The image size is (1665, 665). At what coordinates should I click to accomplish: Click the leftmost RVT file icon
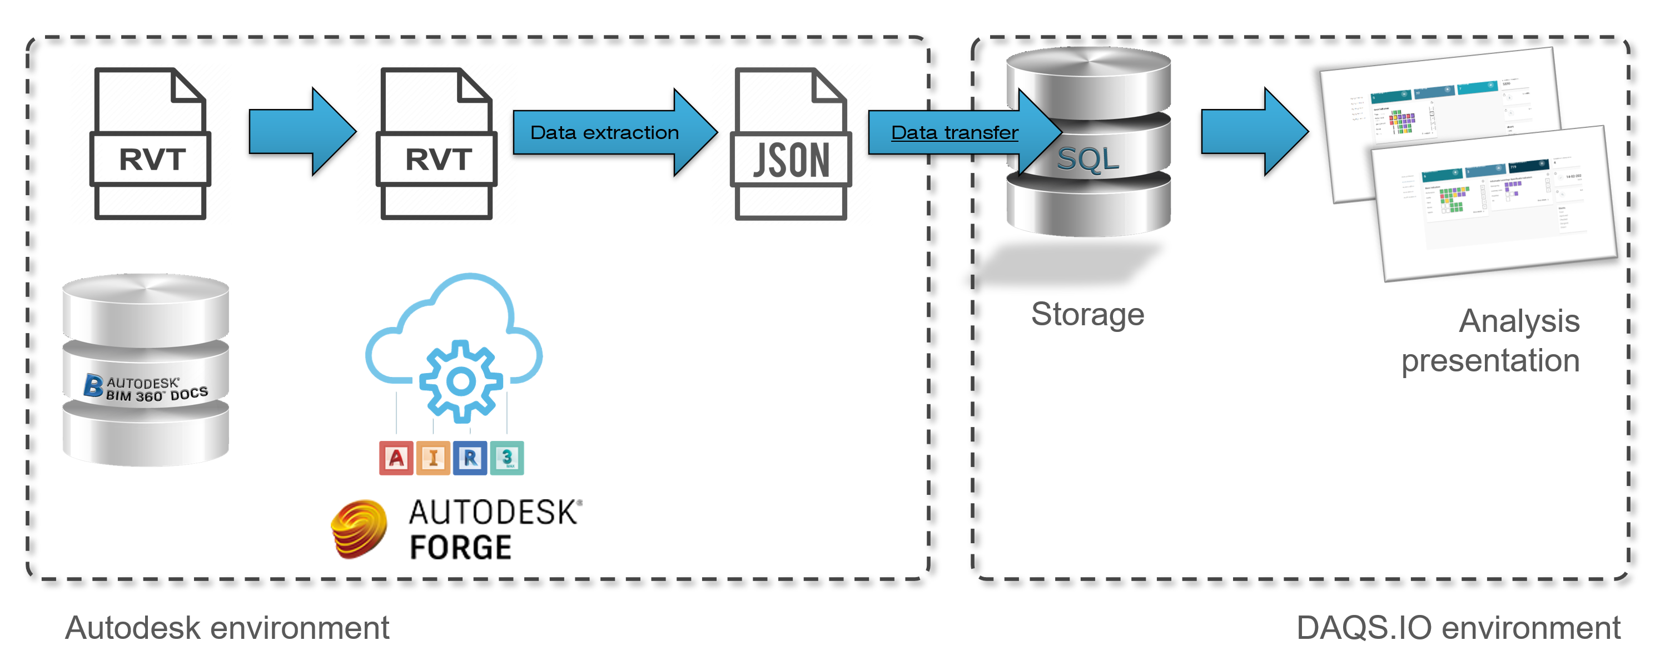(x=150, y=143)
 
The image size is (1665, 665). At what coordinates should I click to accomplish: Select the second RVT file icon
(x=436, y=143)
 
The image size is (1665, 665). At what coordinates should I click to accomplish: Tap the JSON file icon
(x=790, y=143)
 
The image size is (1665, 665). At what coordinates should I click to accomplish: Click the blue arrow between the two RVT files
(x=302, y=132)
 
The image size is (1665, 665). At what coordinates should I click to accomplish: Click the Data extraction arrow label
(x=604, y=132)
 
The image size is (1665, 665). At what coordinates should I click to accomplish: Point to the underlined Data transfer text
(x=954, y=132)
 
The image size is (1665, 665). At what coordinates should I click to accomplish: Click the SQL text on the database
(x=1088, y=159)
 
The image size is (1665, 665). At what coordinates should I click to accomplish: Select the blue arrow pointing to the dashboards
(x=1254, y=132)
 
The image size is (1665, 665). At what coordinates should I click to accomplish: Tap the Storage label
(x=1087, y=315)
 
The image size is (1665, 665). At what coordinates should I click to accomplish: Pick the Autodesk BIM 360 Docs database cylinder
(x=146, y=370)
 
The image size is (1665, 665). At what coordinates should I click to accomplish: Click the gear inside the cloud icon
(x=460, y=382)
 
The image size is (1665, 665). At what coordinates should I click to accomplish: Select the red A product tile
(x=396, y=458)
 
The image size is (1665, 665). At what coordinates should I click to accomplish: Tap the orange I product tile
(x=433, y=458)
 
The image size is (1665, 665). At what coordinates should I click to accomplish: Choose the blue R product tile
(x=470, y=458)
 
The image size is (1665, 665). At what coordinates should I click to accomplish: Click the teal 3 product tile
(x=507, y=458)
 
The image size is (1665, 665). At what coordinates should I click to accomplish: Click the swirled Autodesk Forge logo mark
(x=359, y=529)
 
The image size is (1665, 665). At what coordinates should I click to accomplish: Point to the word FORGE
(x=460, y=547)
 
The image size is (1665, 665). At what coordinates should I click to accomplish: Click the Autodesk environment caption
(x=227, y=628)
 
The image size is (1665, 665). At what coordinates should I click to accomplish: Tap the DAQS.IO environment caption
(x=1458, y=628)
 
